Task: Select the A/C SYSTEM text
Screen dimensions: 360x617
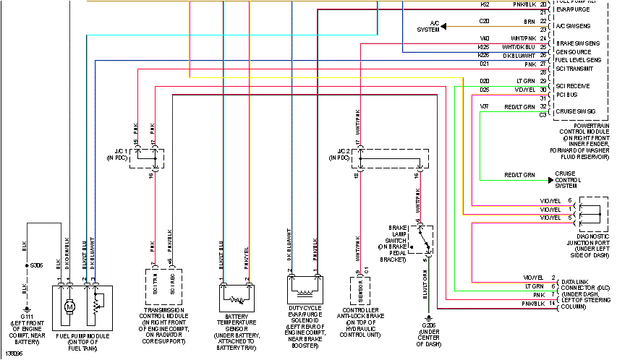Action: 429,27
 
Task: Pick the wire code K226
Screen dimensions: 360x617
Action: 484,55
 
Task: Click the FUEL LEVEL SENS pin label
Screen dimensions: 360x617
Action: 578,59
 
